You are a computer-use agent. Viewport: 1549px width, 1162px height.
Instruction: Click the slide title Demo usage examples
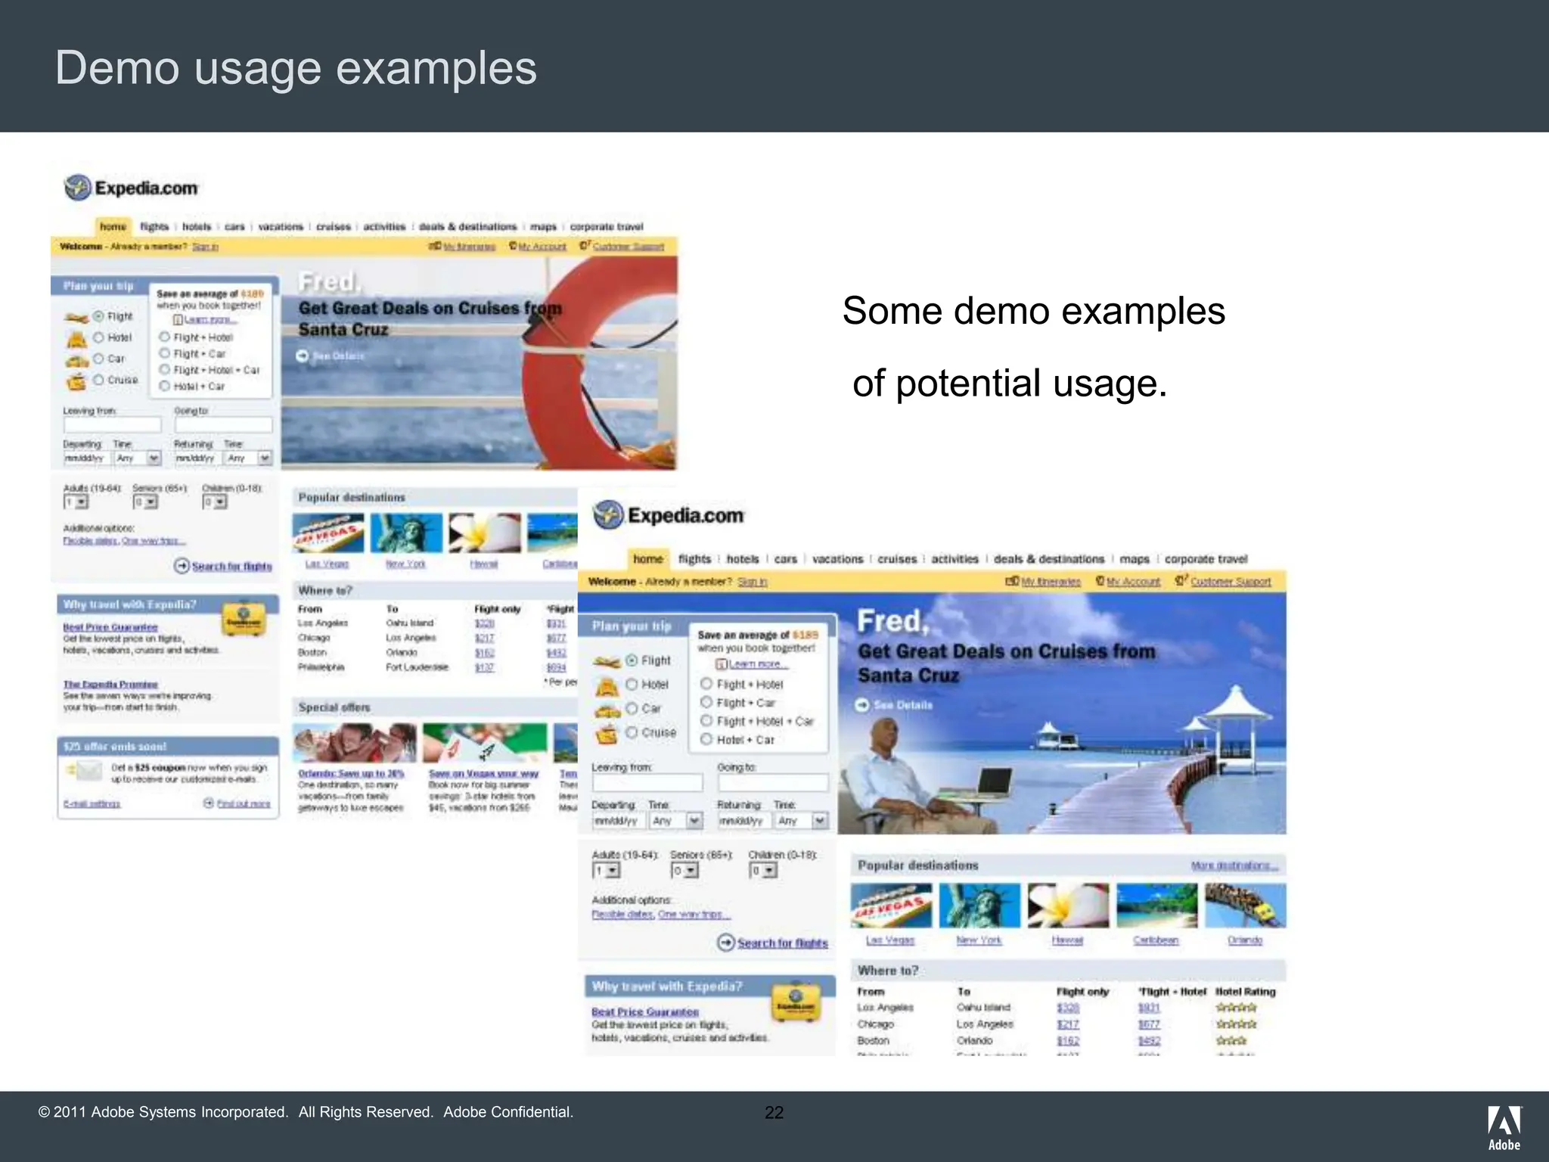(x=296, y=68)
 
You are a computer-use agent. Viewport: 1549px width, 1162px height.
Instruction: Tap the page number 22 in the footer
(x=774, y=1112)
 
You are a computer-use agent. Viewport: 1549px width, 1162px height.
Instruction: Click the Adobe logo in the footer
(x=1504, y=1127)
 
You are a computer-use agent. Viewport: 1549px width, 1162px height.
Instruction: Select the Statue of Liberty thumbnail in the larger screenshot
(x=979, y=905)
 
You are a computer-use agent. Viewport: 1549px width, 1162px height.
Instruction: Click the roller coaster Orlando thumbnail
(x=1245, y=905)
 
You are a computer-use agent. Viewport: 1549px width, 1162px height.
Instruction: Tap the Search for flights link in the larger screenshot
(x=782, y=943)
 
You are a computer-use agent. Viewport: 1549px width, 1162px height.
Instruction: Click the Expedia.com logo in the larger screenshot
(x=669, y=515)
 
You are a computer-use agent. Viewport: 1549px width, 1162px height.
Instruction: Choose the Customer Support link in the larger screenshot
(x=1230, y=582)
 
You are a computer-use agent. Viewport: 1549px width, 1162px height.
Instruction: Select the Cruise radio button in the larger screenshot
(x=632, y=732)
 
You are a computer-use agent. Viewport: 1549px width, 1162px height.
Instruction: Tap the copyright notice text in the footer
(x=306, y=1112)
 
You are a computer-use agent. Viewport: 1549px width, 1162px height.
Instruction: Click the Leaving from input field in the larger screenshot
(x=647, y=783)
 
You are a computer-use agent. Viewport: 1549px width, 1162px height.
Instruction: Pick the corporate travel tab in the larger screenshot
(x=1206, y=559)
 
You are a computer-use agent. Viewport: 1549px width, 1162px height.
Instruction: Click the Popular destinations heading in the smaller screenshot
(x=352, y=498)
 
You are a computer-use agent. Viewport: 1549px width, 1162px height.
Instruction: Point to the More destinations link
(x=1234, y=865)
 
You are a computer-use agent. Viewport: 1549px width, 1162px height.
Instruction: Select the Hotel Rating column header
(x=1245, y=992)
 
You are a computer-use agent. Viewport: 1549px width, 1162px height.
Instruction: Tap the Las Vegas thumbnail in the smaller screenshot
(x=327, y=533)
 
